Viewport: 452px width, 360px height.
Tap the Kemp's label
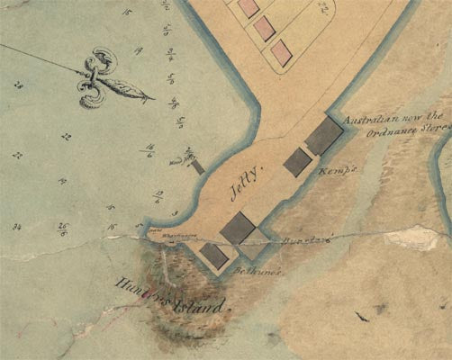point(332,169)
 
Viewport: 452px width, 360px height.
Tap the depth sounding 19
point(137,51)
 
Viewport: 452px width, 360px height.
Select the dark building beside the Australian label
point(324,136)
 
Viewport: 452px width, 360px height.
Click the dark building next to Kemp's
point(298,162)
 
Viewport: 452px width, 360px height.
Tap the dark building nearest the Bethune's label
point(214,256)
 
